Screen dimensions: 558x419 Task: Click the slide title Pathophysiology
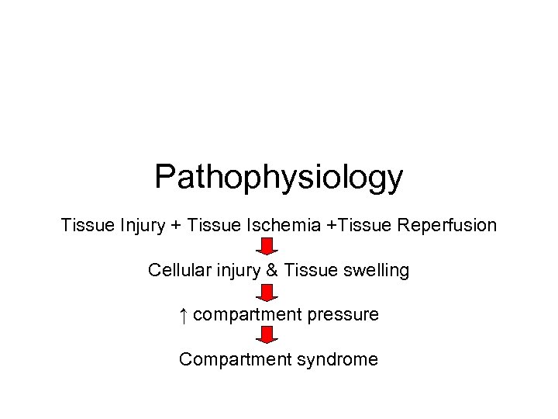point(278,177)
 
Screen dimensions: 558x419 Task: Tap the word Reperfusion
point(447,226)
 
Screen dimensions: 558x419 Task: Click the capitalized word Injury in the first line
point(142,226)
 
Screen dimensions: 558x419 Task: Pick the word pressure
point(346,316)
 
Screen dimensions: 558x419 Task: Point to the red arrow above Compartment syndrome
point(267,337)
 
